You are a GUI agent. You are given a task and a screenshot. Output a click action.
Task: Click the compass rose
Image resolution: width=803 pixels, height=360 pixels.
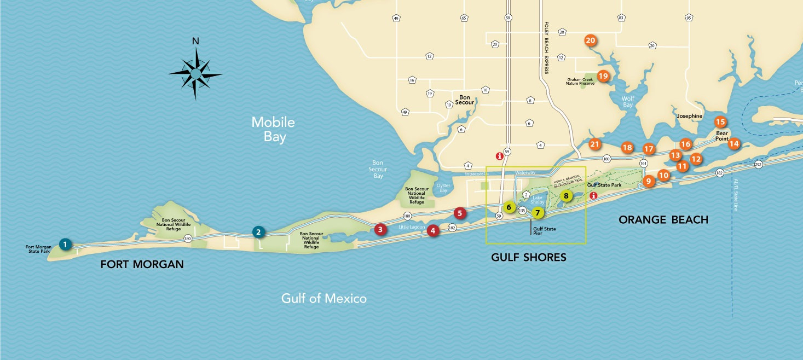coord(195,73)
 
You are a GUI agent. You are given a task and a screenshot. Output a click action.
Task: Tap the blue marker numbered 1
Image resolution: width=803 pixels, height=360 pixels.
coord(65,244)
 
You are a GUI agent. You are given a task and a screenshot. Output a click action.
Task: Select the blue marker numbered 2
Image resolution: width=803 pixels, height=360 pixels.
coord(258,232)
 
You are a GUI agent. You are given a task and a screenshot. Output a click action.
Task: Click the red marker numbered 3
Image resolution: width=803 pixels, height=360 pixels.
coord(380,229)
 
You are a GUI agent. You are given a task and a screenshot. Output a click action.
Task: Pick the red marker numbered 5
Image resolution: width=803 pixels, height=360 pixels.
coord(460,213)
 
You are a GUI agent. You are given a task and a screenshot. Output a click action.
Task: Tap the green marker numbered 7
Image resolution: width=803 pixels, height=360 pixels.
coord(538,212)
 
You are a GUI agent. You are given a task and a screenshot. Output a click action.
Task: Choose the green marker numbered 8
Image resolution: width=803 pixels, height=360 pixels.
coord(566,195)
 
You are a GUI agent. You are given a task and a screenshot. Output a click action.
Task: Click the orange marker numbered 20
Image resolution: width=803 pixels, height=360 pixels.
coord(590,40)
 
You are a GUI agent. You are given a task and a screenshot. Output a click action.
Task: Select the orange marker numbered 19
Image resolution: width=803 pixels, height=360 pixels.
coord(603,76)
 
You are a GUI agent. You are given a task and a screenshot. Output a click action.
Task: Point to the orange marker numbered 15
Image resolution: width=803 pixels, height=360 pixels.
coord(720,122)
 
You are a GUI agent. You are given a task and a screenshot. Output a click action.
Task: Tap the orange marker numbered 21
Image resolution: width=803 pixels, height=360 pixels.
coord(595,144)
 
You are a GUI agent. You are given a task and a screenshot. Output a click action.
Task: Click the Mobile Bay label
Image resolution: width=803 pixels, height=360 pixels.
coord(273,130)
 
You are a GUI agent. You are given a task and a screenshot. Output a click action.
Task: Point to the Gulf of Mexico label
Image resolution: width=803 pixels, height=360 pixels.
coord(323,298)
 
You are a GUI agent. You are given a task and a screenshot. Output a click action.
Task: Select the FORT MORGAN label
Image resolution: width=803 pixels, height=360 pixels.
coord(142,265)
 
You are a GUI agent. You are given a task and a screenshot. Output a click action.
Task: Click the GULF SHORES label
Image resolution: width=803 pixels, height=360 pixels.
coord(528,257)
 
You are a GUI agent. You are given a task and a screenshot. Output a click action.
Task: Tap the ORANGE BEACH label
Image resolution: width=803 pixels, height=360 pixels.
coord(663,220)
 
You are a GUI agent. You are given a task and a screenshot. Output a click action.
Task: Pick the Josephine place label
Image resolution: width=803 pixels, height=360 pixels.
coord(689,116)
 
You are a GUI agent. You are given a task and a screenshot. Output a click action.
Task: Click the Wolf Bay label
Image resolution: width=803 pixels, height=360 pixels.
coord(628,102)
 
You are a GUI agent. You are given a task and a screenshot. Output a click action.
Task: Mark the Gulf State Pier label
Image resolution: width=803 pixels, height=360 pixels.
coord(545,231)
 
